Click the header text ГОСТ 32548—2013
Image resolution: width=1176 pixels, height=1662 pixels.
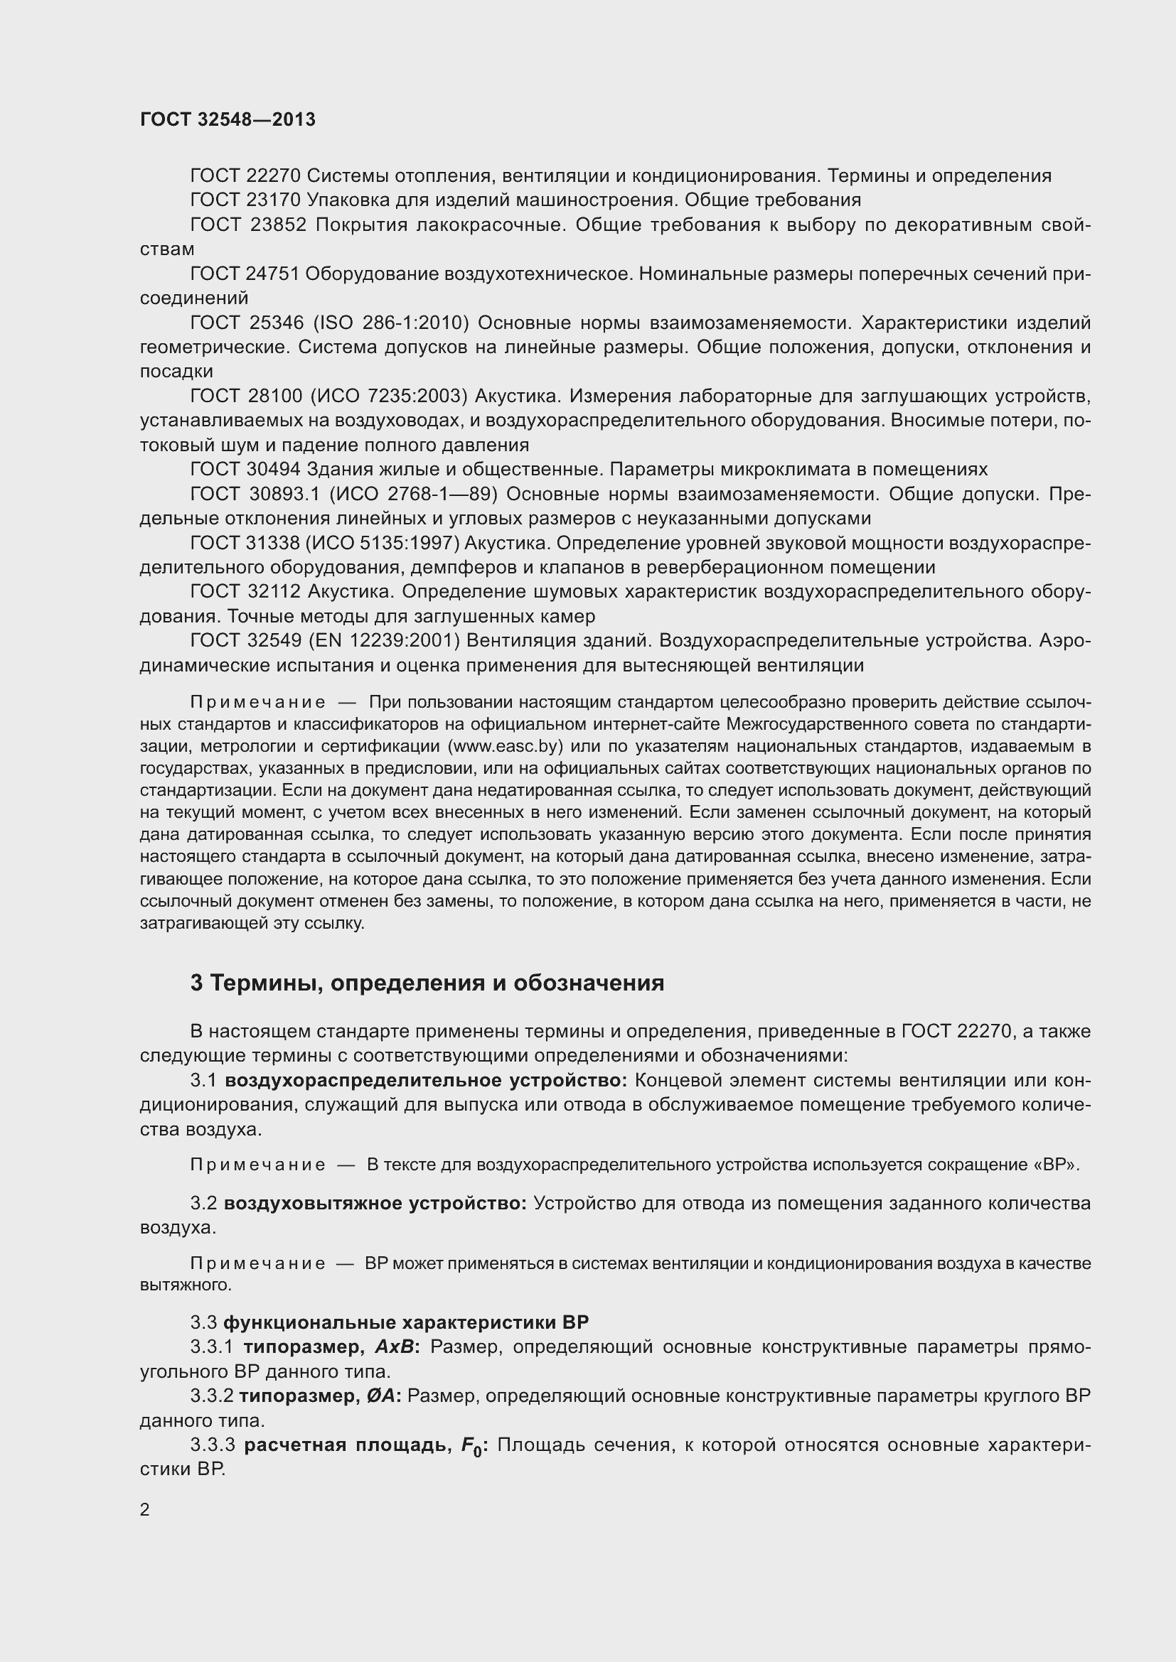tap(228, 119)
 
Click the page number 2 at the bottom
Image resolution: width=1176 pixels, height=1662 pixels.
tap(145, 1509)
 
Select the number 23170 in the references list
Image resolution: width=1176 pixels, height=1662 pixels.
tap(274, 200)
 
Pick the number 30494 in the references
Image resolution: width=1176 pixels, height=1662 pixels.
tap(274, 470)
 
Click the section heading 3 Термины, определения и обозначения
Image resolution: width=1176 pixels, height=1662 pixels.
tap(427, 982)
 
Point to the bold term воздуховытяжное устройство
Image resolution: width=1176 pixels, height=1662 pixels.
tap(375, 1203)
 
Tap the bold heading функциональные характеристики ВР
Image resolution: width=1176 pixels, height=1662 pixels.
tap(405, 1322)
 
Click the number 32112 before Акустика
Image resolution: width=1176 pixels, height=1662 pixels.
tap(274, 592)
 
